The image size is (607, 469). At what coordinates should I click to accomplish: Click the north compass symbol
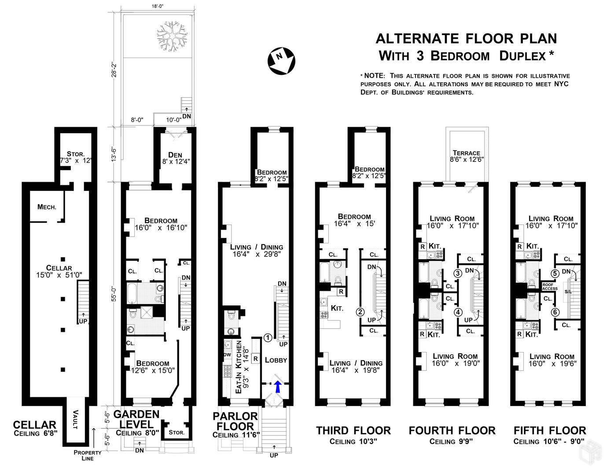point(281,61)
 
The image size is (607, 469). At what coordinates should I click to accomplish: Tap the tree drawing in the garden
point(172,36)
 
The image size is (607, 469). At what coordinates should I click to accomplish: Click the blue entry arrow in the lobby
point(277,387)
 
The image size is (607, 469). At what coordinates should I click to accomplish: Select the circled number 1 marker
point(268,338)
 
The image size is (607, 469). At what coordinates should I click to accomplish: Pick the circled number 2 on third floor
point(360,312)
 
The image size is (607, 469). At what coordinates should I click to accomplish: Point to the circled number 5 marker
point(555,273)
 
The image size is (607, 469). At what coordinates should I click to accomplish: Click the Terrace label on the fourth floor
point(467,153)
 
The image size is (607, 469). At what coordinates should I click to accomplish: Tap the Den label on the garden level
point(175,155)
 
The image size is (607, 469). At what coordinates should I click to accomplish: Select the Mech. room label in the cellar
point(47,207)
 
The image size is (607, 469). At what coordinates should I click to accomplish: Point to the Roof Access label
point(550,287)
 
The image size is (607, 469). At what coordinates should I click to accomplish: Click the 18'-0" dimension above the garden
point(158,6)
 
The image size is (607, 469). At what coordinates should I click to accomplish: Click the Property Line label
point(88,455)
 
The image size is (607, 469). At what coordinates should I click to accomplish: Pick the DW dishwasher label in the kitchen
point(228,355)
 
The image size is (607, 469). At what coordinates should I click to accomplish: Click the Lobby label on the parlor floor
point(276,360)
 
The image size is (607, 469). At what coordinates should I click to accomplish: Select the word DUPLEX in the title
point(522,56)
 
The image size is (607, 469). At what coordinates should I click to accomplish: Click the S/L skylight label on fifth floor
point(568,292)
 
